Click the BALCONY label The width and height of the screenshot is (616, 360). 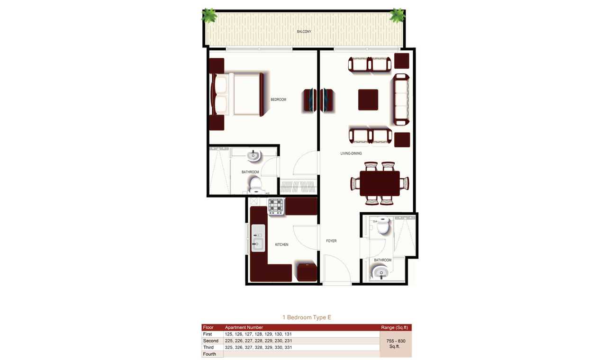click(304, 32)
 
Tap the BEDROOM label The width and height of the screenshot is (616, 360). click(278, 99)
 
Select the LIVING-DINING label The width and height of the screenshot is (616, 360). click(351, 153)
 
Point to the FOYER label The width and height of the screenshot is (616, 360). click(331, 241)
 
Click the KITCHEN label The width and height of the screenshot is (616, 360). click(281, 244)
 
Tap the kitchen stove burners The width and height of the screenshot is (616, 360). click(276, 207)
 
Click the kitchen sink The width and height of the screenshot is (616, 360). click(258, 238)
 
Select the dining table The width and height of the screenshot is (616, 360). click(380, 183)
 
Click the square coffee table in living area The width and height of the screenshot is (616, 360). click(368, 99)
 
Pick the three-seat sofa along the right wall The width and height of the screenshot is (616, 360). click(401, 99)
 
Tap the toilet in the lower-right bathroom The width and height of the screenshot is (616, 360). click(383, 225)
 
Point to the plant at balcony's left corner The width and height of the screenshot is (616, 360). click(209, 15)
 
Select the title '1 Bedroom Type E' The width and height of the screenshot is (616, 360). click(307, 317)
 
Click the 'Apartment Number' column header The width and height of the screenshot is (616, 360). click(244, 327)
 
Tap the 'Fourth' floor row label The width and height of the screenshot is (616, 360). click(209, 354)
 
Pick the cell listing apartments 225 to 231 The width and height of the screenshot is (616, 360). click(258, 341)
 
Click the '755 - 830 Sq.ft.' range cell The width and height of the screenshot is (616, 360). click(396, 344)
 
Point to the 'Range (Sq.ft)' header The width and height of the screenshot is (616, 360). click(396, 327)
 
